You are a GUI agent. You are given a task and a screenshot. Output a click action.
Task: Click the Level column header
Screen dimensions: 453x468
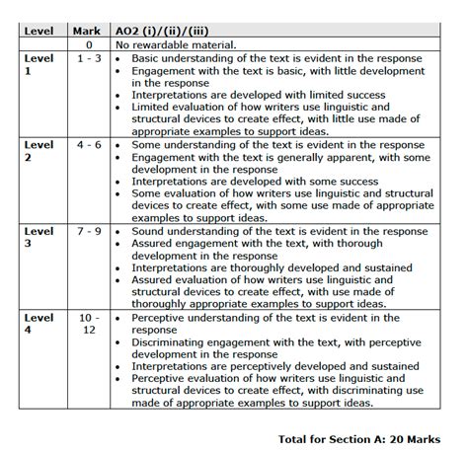click(x=39, y=32)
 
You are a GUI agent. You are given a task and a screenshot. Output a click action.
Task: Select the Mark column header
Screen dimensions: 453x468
click(x=87, y=32)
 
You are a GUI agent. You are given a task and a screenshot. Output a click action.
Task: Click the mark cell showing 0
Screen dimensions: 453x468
click(x=89, y=45)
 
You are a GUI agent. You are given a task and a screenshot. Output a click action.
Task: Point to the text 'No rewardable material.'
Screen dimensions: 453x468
click(x=176, y=45)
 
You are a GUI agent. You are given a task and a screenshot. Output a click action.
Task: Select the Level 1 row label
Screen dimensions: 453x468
click(x=39, y=65)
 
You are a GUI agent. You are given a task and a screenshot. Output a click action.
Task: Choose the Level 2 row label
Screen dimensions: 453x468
click(x=39, y=151)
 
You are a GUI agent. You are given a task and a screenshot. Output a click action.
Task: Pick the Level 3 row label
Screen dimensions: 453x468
click(x=39, y=238)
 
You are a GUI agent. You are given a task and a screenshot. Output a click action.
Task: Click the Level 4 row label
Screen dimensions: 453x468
click(x=39, y=325)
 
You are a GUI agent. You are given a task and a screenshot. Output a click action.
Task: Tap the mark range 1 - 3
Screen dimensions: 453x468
click(x=89, y=59)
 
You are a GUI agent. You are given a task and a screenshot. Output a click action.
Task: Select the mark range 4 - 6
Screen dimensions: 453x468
click(x=89, y=145)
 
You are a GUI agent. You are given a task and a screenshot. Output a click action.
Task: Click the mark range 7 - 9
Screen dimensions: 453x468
click(x=89, y=232)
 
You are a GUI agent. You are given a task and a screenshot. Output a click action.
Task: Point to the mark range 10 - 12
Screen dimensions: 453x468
click(x=89, y=325)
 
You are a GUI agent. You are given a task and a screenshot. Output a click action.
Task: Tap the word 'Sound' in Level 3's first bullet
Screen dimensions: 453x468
click(x=149, y=232)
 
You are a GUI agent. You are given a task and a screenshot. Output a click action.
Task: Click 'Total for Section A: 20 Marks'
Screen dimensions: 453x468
click(x=359, y=437)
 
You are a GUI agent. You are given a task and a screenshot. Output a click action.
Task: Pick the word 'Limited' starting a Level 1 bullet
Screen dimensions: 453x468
click(x=153, y=108)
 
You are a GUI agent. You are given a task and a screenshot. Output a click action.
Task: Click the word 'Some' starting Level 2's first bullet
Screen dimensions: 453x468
click(x=147, y=145)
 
